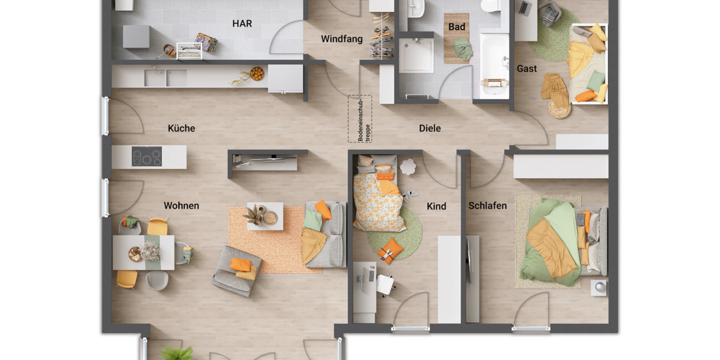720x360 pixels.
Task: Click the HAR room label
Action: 242,24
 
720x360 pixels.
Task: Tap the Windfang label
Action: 341,39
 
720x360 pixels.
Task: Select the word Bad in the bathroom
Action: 457,27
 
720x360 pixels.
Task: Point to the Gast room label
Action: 527,68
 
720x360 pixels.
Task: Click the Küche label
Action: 181,128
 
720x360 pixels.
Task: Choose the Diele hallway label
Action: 430,128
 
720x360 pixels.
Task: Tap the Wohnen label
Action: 181,206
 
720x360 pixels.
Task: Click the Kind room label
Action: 436,206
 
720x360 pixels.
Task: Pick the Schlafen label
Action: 487,206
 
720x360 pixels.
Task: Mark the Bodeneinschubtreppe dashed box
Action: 360,119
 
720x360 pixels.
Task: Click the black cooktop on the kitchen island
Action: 147,157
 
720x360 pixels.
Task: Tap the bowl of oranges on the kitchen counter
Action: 257,73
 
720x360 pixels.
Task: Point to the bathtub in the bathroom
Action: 494,63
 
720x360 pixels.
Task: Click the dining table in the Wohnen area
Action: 143,252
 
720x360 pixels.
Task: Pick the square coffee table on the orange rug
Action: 265,215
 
